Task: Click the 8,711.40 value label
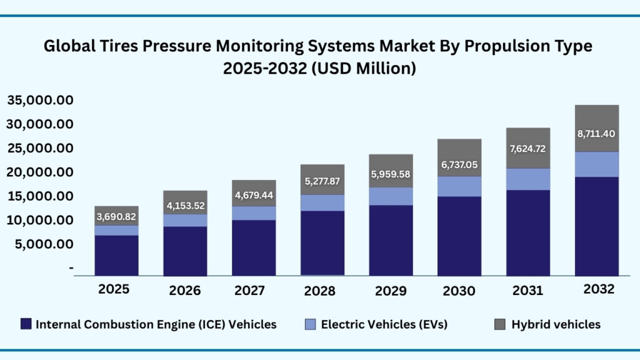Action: pyautogui.click(x=597, y=133)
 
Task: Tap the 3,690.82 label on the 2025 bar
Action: pyautogui.click(x=116, y=217)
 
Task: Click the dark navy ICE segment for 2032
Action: pyautogui.click(x=597, y=226)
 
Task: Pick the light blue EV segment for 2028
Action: pyautogui.click(x=322, y=202)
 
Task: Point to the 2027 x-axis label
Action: pyautogui.click(x=251, y=291)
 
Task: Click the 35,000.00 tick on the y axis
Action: pyautogui.click(x=40, y=100)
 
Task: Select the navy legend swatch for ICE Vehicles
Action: pyautogui.click(x=26, y=324)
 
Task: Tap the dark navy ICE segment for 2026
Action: pyautogui.click(x=185, y=251)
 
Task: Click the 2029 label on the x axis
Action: pyautogui.click(x=391, y=291)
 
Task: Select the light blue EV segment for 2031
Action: pyautogui.click(x=528, y=179)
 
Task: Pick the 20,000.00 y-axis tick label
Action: pyautogui.click(x=40, y=172)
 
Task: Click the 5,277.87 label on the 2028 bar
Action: pyautogui.click(x=322, y=181)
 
